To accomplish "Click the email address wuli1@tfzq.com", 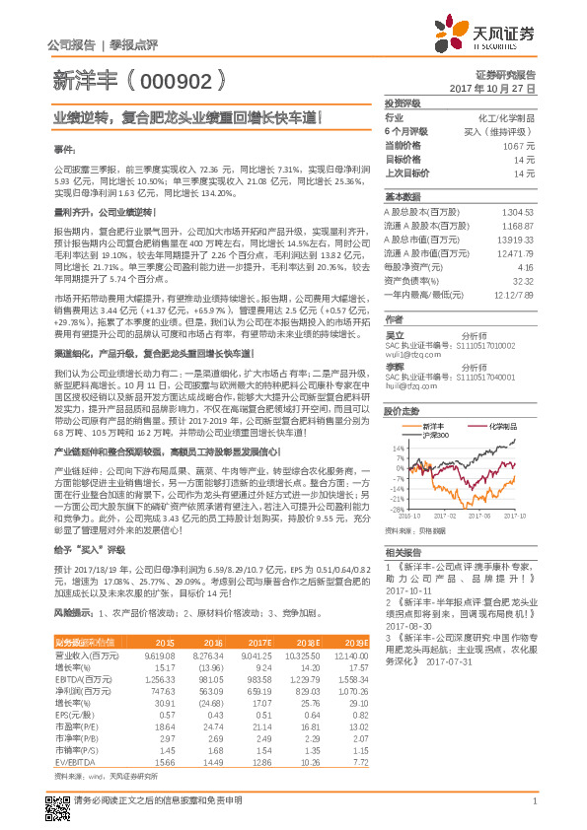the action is (411, 352).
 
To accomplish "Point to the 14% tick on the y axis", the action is (394, 447).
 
